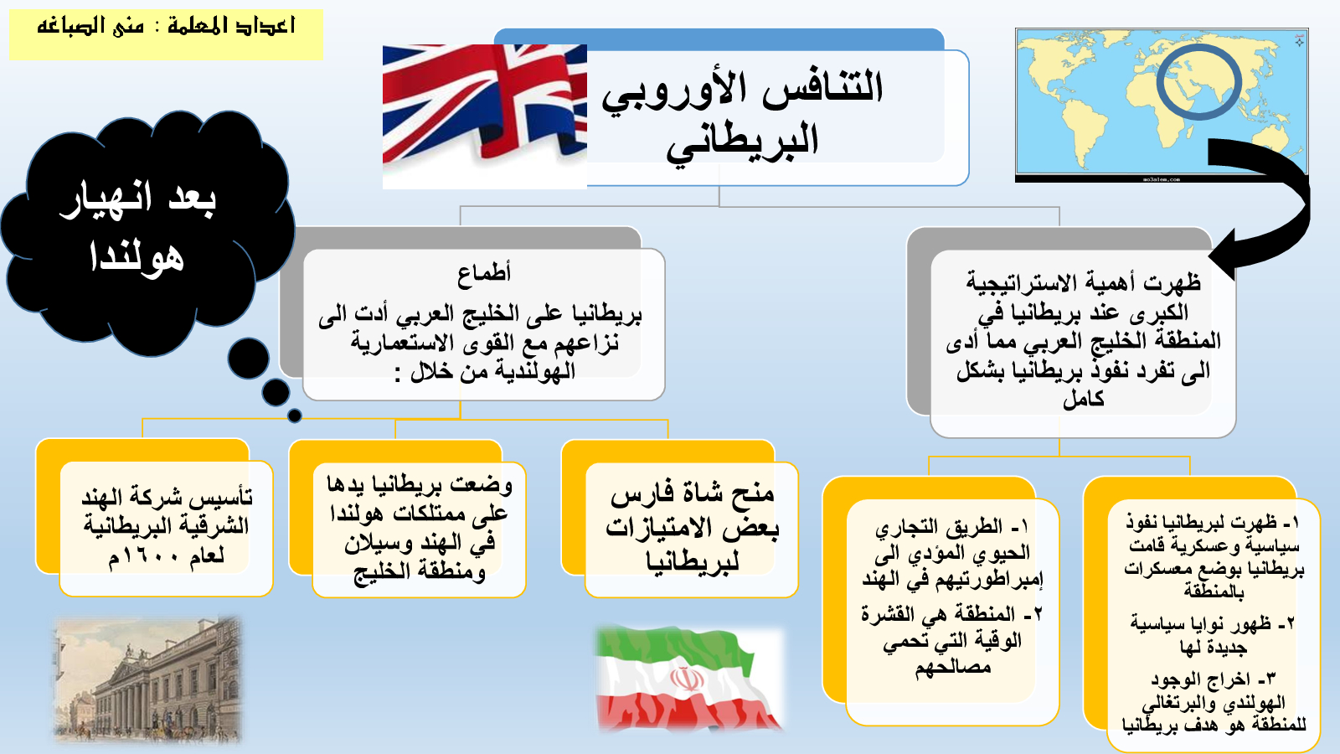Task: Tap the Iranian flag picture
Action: [689, 679]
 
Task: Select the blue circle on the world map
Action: [1198, 83]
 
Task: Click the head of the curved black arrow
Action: [1223, 255]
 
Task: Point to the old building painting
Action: [147, 679]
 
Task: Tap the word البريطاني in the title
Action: [743, 143]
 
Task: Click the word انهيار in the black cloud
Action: [106, 199]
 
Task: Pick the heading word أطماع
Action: [484, 273]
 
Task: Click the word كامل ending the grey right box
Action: [1084, 399]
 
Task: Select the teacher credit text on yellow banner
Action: [166, 26]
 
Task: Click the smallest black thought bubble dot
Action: [294, 415]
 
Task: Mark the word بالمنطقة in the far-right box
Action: [1214, 591]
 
